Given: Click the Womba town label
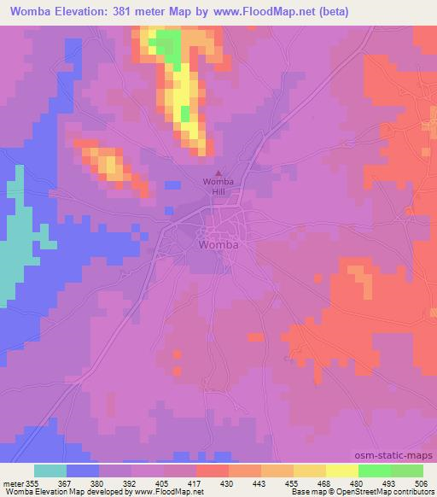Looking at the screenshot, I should pyautogui.click(x=218, y=244).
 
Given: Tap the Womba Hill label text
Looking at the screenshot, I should pyautogui.click(x=217, y=188).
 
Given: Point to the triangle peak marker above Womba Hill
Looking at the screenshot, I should pyautogui.click(x=217, y=173).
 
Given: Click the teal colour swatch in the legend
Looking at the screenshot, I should pyautogui.click(x=50, y=471).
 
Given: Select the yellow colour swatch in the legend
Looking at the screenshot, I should pyautogui.click(x=341, y=471).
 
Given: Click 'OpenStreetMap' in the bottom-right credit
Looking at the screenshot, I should pyautogui.click(x=358, y=492).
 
